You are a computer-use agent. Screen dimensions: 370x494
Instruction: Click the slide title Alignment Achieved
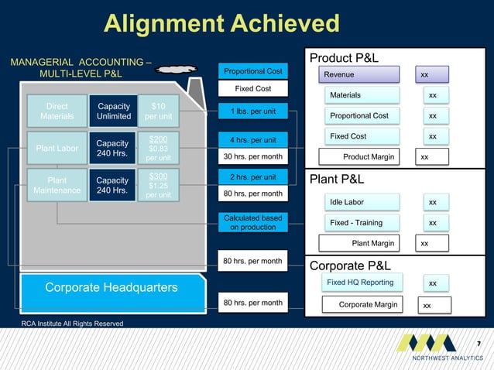221,23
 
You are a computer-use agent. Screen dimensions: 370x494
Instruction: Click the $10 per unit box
158,111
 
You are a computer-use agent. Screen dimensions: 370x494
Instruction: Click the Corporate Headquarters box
111,288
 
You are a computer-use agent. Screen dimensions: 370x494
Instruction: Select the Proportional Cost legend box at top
252,71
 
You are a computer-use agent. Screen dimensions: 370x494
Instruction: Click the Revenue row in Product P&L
362,74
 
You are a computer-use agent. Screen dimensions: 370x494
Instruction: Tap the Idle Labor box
362,202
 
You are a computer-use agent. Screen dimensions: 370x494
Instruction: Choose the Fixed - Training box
362,223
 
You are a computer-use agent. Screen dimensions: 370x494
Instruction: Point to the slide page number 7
479,343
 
